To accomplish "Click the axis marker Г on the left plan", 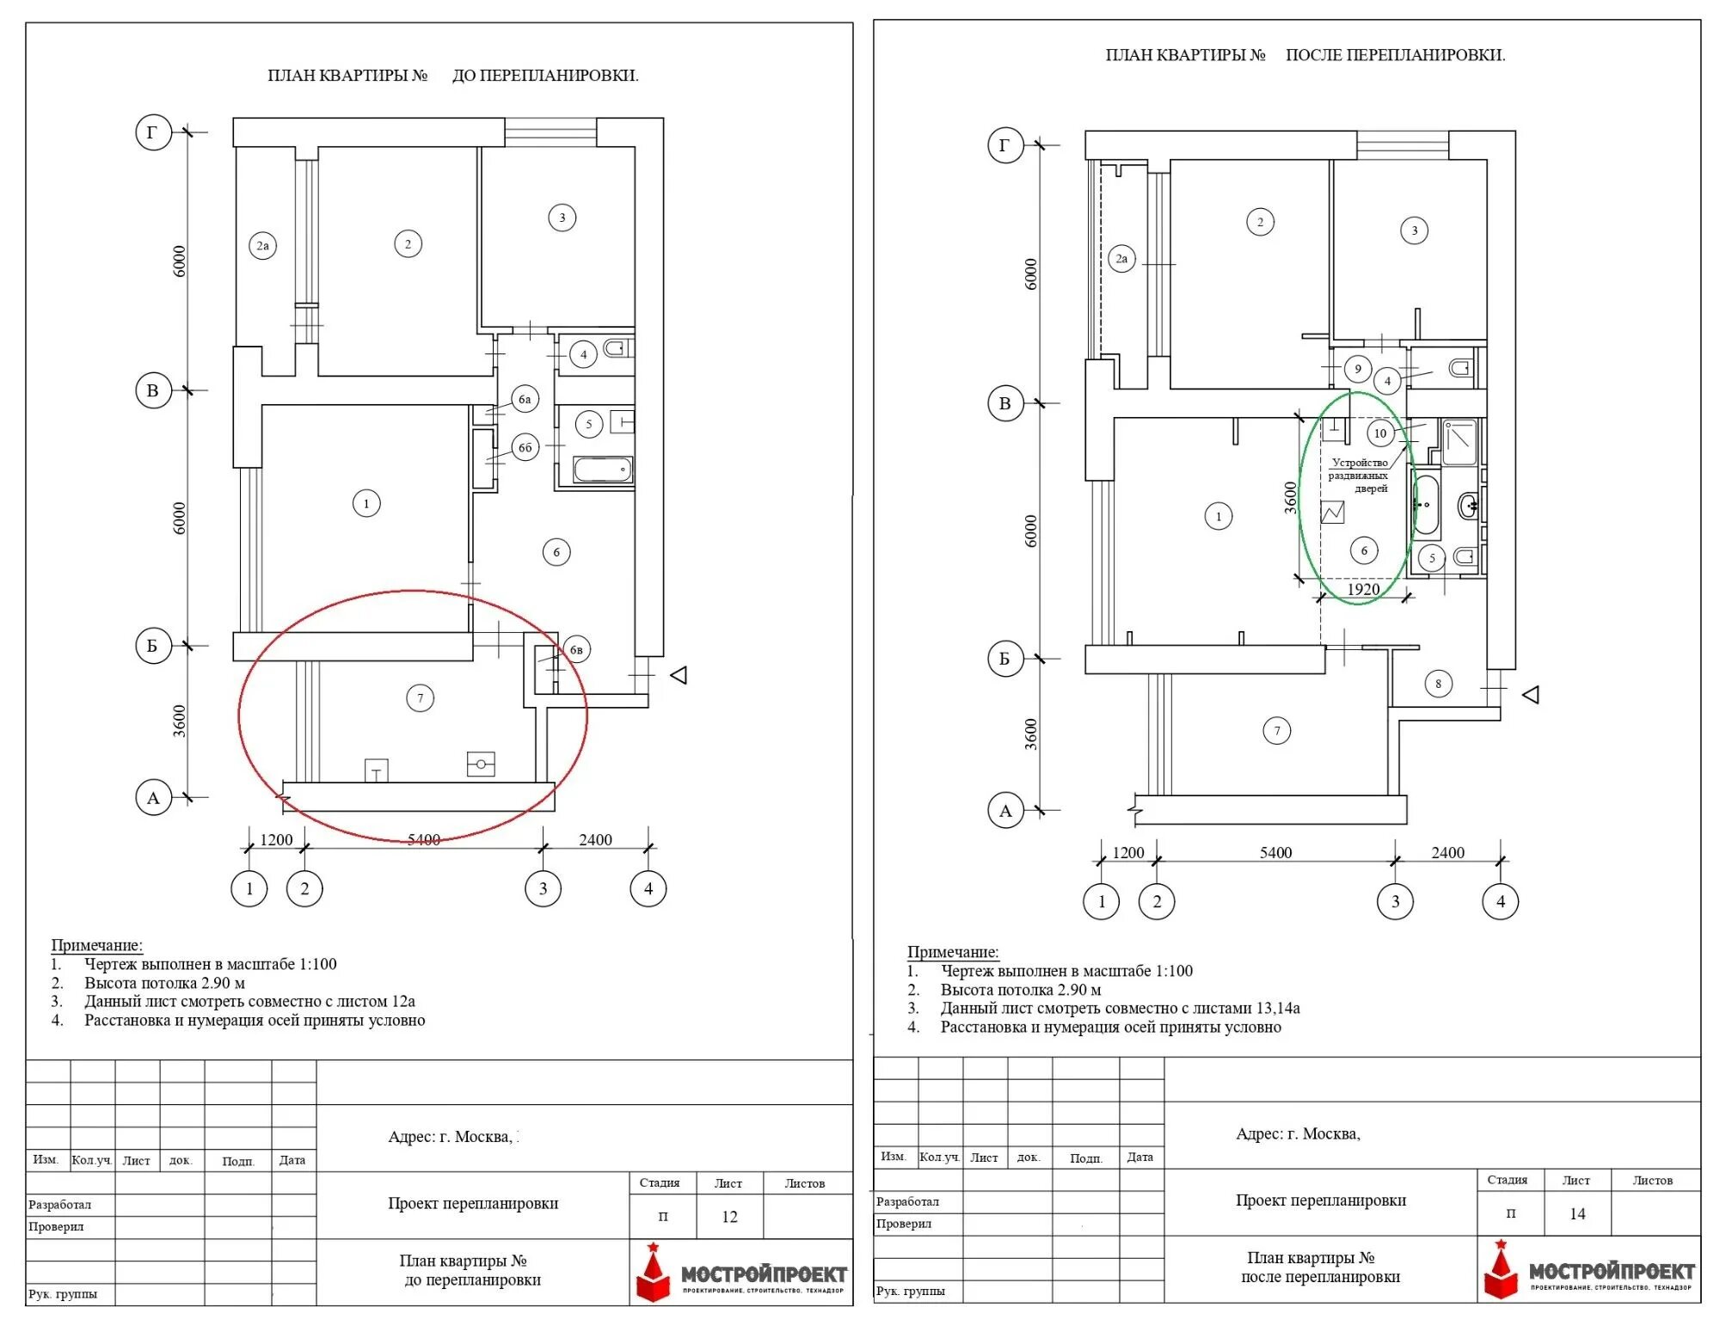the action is point(153,132).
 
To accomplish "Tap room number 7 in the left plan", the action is point(420,698).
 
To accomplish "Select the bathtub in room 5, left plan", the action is point(602,470).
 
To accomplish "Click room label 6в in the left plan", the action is point(576,649).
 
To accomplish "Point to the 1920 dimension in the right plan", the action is point(1363,589).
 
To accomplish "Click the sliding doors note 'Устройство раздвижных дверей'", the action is point(1359,476).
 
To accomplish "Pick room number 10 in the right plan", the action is point(1380,433).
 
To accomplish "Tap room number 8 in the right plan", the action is point(1438,684).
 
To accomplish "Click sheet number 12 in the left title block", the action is point(729,1217).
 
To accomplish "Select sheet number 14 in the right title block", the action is point(1577,1213).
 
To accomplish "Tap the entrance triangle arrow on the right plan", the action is point(1531,694).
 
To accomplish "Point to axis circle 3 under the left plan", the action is point(543,888).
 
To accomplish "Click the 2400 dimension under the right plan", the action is point(1447,852).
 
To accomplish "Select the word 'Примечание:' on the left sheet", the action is point(96,945).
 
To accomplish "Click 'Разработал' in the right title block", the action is point(907,1201).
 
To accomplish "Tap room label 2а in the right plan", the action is point(1121,258).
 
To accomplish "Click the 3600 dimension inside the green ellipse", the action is point(1290,498).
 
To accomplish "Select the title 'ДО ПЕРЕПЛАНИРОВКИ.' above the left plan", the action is point(545,76).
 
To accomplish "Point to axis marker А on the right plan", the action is point(1005,811).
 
